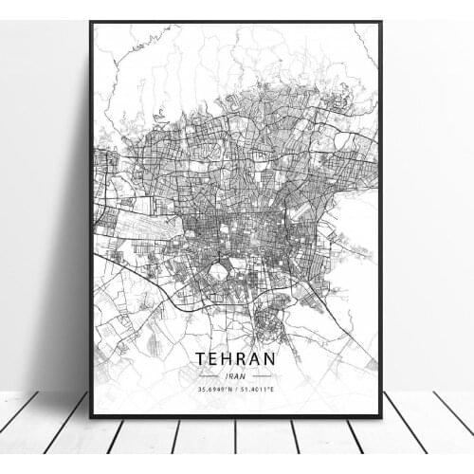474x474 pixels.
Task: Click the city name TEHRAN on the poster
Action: tap(236, 359)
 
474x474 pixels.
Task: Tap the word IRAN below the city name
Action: tap(236, 375)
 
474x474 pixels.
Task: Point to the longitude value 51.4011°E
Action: tap(262, 388)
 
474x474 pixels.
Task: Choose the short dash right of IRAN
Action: tap(263, 375)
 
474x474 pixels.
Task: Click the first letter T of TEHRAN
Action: tap(202, 359)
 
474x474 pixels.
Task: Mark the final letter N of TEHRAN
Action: tap(271, 359)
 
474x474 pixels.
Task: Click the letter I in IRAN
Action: tap(227, 375)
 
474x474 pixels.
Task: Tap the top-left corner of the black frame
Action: tap(91, 23)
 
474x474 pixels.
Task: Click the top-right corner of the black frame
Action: tap(381, 23)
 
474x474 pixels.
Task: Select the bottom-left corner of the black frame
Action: tap(91, 417)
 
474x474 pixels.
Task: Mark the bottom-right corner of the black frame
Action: tap(381, 417)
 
